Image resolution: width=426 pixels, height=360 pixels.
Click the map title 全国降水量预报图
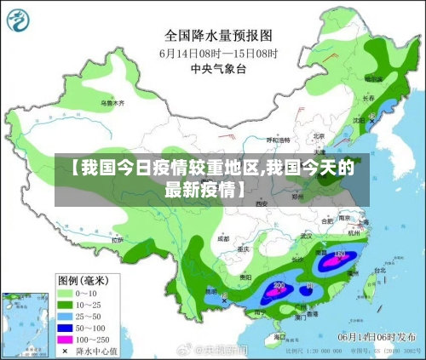pyautogui.click(x=218, y=36)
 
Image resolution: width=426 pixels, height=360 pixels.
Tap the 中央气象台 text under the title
pyautogui.click(x=218, y=70)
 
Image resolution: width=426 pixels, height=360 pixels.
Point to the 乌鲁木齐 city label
pyautogui.click(x=112, y=102)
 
